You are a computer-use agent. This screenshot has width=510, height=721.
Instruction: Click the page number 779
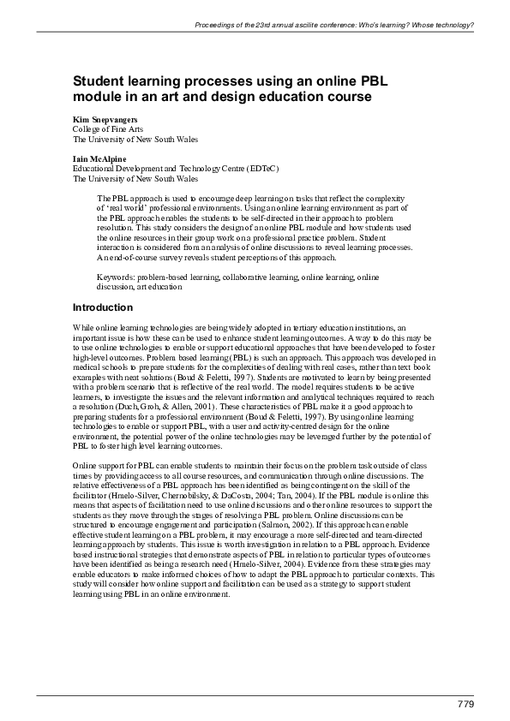click(x=465, y=704)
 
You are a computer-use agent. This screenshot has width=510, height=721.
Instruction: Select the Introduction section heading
click(x=103, y=307)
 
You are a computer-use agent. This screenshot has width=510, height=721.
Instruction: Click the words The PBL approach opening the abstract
click(x=129, y=199)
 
